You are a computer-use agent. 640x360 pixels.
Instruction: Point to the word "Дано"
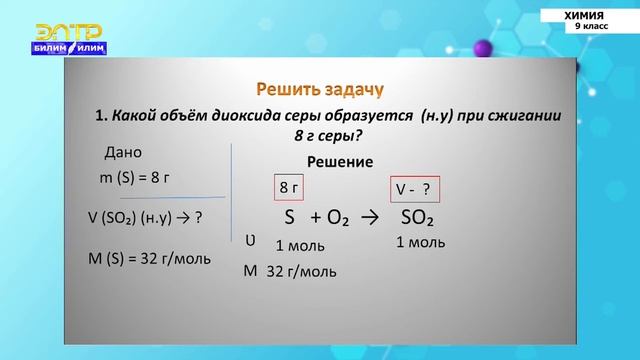coord(123,152)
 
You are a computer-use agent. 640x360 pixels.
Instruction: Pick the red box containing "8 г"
coord(288,187)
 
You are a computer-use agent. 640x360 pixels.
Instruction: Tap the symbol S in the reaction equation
coord(290,218)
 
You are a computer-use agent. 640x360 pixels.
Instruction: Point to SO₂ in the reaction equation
coord(421,218)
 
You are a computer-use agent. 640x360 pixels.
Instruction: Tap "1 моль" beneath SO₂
coord(419,242)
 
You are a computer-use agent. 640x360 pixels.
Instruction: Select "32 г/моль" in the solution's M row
coord(301,270)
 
